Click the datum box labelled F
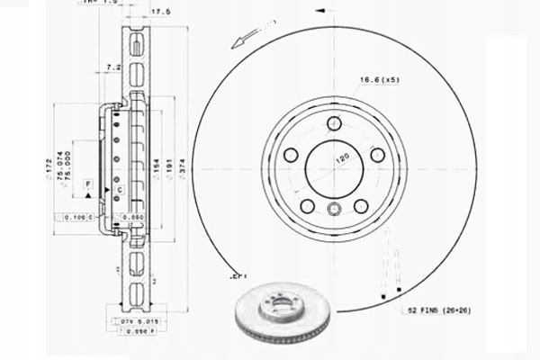click(x=88, y=184)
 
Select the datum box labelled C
click(x=119, y=190)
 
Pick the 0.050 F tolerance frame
click(x=134, y=330)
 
